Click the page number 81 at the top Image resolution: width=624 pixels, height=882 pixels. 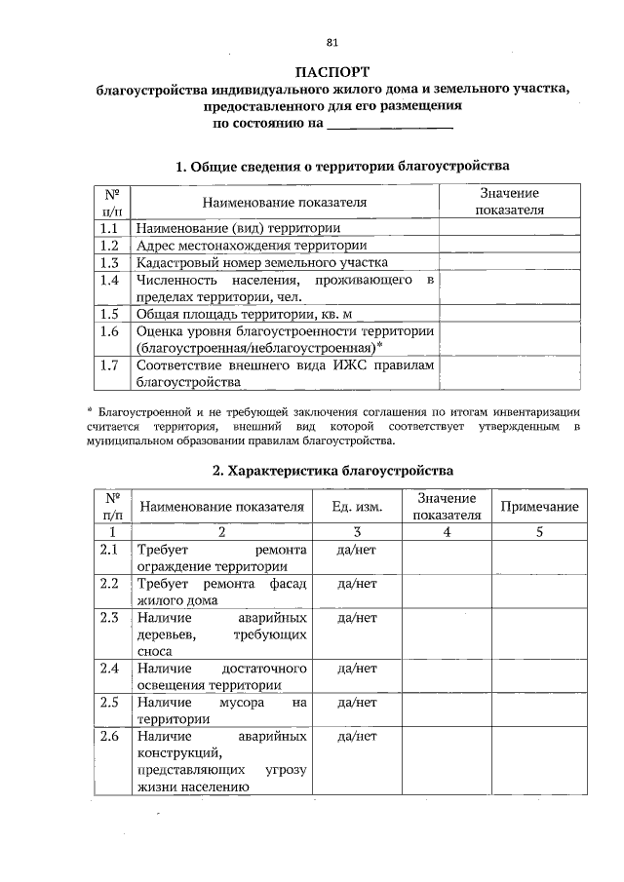tap(332, 43)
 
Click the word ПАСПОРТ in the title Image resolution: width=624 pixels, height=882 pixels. tap(332, 73)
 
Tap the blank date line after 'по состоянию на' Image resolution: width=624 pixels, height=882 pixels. tap(389, 125)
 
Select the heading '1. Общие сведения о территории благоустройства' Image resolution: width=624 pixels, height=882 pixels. tap(342, 166)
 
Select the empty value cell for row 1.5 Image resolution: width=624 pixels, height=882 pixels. tap(509, 314)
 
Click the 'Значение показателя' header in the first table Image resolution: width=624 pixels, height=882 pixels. tap(509, 202)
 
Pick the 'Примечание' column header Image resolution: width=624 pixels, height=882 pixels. tap(539, 507)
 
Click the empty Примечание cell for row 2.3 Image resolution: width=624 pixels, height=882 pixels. tap(539, 633)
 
